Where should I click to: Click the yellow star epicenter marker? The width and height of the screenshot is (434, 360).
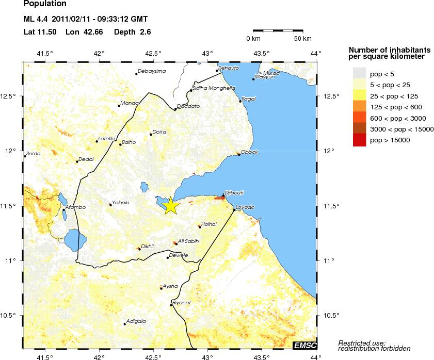(x=171, y=205)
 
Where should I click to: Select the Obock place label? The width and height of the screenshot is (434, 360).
(x=249, y=152)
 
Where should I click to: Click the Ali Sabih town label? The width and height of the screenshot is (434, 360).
(x=188, y=241)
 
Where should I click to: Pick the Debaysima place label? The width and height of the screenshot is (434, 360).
(x=153, y=71)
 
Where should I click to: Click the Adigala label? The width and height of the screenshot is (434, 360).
(x=136, y=321)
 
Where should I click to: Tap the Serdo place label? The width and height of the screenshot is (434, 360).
(x=33, y=153)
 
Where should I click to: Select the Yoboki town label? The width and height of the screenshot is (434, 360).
(x=121, y=203)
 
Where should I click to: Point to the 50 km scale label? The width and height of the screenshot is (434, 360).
(x=302, y=39)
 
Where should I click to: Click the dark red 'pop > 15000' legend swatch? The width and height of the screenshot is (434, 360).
(x=359, y=140)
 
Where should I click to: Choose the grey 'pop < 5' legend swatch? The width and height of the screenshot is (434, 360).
(x=359, y=74)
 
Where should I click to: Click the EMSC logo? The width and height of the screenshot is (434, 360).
(x=304, y=345)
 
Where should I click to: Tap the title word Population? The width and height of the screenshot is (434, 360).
(x=45, y=4)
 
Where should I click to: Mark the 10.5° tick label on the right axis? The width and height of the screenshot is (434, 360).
(x=332, y=315)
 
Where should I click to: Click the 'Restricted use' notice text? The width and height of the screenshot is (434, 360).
(x=362, y=343)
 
